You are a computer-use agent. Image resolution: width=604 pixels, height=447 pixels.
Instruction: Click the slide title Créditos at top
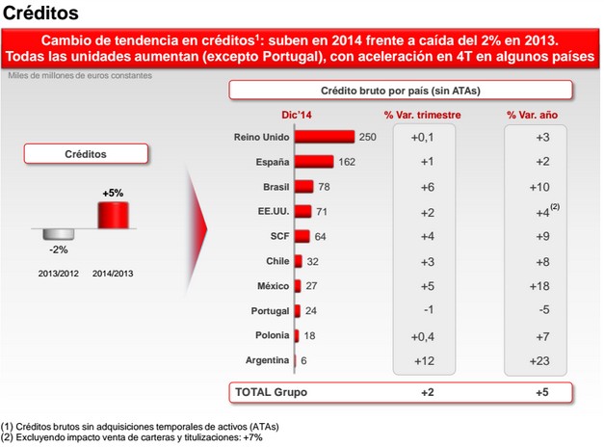(x=39, y=13)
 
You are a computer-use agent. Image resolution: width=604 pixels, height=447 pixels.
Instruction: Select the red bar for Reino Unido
(x=325, y=138)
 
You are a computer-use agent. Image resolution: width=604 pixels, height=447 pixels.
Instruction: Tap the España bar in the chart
(x=314, y=162)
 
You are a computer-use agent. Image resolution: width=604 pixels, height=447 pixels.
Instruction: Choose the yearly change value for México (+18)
(x=542, y=286)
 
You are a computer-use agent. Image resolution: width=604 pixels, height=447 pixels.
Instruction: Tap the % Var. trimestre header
(x=422, y=116)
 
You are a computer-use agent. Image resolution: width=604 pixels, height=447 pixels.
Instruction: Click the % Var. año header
(x=538, y=116)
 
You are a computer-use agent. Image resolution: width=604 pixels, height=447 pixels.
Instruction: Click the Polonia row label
(x=268, y=335)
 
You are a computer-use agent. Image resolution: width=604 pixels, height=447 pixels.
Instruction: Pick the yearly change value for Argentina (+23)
(x=542, y=360)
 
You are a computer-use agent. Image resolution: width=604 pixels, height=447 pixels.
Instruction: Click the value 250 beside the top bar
(x=367, y=138)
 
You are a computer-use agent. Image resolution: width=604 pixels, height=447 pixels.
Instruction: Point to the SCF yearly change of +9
(x=542, y=236)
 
